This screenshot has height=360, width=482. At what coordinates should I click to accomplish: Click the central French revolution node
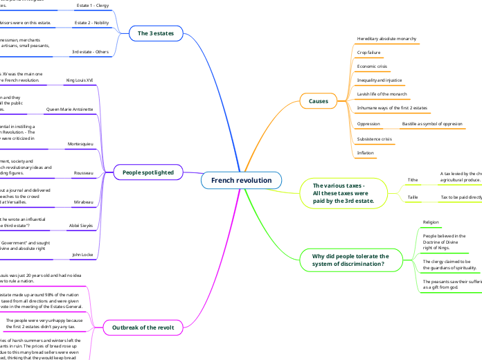[x=242, y=181]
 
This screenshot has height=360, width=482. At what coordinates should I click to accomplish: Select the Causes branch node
[x=318, y=101]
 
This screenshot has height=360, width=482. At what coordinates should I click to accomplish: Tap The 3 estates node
[x=156, y=33]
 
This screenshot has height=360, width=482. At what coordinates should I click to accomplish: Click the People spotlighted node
[x=152, y=171]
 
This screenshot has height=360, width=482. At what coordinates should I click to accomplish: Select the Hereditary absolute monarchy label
[x=386, y=39]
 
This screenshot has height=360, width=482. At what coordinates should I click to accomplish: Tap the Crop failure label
[x=369, y=53]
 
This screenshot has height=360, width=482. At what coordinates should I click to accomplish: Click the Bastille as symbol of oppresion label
[x=431, y=124]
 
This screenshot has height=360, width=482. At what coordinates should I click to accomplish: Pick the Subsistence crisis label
[x=374, y=138]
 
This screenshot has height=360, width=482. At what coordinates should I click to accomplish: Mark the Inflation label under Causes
[x=365, y=152]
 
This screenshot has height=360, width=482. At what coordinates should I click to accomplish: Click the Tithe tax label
[x=413, y=179]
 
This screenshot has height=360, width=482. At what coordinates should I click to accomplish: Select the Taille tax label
[x=413, y=197]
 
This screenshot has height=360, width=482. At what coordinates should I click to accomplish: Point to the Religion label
[x=431, y=222]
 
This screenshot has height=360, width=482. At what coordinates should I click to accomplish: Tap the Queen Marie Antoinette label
[x=69, y=109]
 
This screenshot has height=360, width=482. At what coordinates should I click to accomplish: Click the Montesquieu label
[x=80, y=143]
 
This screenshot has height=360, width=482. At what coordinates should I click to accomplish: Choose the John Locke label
[x=82, y=255]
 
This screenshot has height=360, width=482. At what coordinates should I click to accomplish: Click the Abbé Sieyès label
[x=81, y=226]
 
